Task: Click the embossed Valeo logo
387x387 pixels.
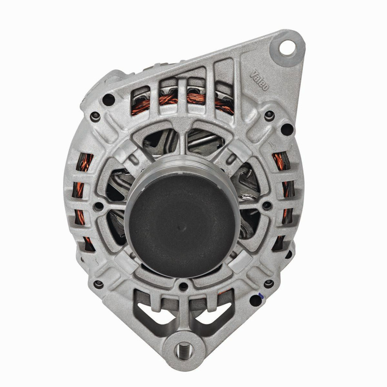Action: pos(259,80)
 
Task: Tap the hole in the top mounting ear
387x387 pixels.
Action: pos(287,47)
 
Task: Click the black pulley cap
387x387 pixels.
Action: pos(182,224)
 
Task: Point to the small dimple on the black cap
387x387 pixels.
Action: pos(182,227)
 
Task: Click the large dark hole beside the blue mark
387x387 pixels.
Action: pos(255,300)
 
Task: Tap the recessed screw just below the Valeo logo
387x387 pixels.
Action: pos(269,115)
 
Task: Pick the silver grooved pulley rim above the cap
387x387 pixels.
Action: pos(182,163)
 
